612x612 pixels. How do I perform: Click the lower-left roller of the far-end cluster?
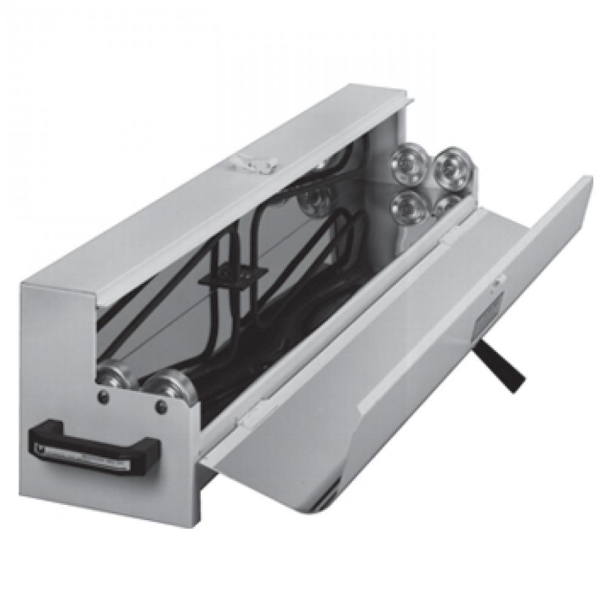pos(409,207)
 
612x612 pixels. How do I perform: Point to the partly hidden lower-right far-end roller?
pos(450,204)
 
